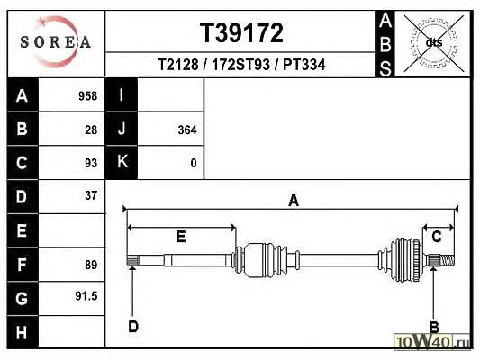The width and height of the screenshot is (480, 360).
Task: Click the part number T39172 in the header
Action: point(241,32)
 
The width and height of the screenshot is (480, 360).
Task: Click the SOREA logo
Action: point(56,41)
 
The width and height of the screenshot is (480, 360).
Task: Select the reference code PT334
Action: point(304,65)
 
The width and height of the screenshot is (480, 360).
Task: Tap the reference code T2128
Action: point(177,65)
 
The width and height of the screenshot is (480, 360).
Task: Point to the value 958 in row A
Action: point(88,96)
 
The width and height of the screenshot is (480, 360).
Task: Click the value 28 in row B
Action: point(91,130)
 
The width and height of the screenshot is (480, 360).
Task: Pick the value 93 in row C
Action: point(91,163)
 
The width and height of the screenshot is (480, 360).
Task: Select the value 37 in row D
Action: point(91,195)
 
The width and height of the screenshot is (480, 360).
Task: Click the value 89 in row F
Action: point(91,265)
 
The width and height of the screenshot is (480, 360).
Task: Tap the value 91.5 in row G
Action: point(86,296)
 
